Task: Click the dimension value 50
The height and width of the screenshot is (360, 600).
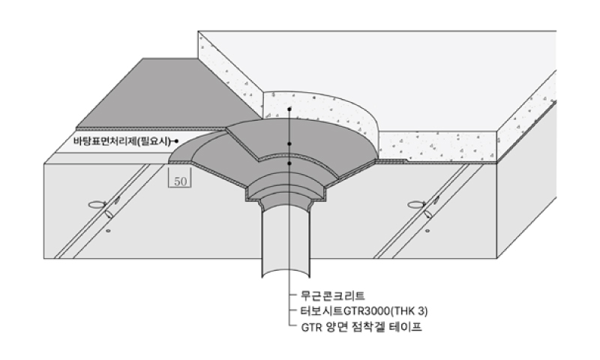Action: [x=181, y=181]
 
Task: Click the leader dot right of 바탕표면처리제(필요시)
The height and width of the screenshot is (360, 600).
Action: [x=175, y=141]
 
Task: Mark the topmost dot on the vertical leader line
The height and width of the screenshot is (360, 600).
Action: [x=289, y=109]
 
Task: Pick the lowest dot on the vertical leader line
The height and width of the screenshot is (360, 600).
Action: [x=289, y=163]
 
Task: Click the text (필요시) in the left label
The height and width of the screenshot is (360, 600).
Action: [x=154, y=140]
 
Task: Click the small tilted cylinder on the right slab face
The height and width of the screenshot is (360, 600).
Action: [x=428, y=214]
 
